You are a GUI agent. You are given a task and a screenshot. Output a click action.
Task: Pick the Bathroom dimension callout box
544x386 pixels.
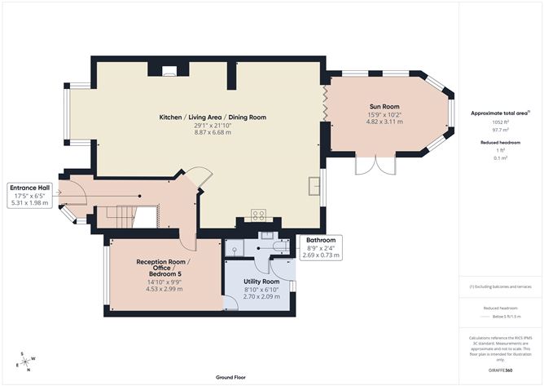[x=322, y=247]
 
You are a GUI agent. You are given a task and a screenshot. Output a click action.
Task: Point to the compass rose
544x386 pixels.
[x=25, y=361]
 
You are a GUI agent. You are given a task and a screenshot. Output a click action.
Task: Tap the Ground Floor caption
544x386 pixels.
[x=231, y=378]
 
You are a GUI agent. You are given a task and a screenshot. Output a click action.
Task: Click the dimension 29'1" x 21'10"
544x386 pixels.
[x=213, y=125]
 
